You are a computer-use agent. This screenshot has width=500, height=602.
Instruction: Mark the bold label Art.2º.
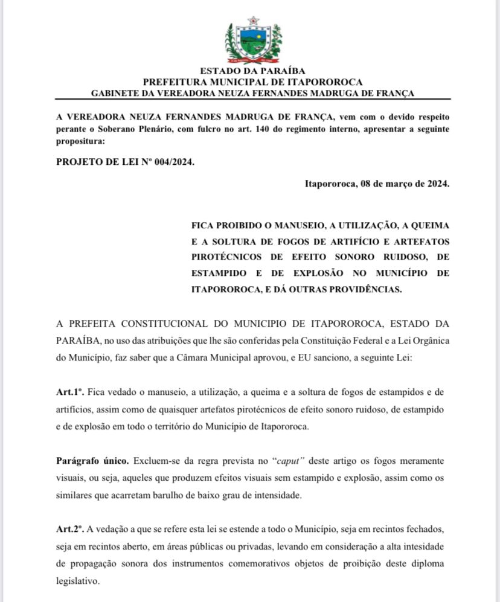click(69, 529)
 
